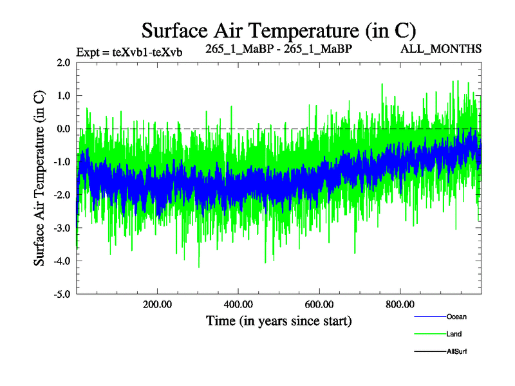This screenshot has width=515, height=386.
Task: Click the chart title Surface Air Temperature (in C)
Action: click(x=279, y=31)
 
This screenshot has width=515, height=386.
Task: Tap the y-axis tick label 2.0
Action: click(x=63, y=62)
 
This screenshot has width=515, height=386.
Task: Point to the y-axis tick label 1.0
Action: click(x=63, y=96)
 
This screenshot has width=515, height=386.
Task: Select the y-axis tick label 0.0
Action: click(x=63, y=129)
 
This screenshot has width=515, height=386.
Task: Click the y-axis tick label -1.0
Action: click(x=62, y=162)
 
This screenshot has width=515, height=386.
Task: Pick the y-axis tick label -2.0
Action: click(x=62, y=195)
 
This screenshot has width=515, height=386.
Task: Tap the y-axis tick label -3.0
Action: click(x=62, y=228)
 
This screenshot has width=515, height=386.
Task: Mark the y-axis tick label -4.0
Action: click(x=62, y=261)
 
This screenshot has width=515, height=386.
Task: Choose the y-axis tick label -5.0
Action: click(x=62, y=294)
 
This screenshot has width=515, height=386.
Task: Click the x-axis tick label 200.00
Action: click(x=156, y=304)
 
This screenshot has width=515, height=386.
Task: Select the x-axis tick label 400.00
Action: click(x=238, y=304)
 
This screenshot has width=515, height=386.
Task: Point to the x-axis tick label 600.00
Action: click(x=319, y=304)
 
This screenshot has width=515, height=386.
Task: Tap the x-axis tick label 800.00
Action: click(x=400, y=304)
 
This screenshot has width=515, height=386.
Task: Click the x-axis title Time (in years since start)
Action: click(x=279, y=320)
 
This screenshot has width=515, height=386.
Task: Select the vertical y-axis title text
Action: click(x=39, y=178)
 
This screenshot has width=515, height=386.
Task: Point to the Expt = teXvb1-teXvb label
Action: click(x=129, y=52)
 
